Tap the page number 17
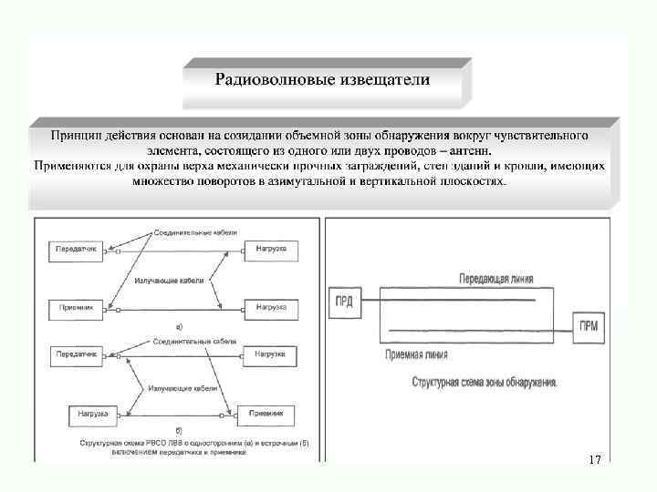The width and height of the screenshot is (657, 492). coord(595,459)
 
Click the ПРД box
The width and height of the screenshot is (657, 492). coord(344,302)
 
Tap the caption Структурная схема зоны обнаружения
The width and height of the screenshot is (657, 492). coord(485,383)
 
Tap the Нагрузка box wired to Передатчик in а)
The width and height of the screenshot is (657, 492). coord(270,249)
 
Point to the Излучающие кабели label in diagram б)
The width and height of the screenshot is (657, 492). coord(182,387)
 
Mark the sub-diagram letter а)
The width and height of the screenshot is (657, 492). coord(179,324)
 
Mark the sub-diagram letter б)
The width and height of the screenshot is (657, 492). coord(178,428)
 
